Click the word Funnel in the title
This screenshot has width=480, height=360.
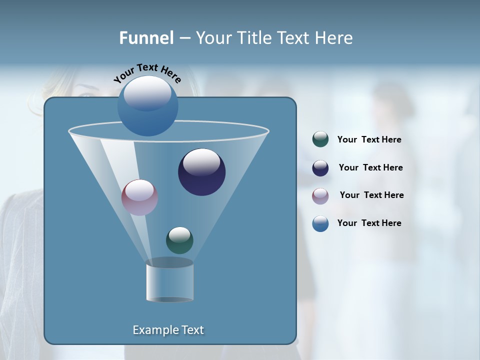coord(146,38)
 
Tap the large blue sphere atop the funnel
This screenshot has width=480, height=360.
coord(147,106)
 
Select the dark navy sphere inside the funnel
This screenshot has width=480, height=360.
coord(201,172)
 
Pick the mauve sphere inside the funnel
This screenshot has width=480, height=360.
coord(139,197)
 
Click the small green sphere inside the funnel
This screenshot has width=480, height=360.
coord(179,240)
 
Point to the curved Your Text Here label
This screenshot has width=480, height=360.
coord(147,73)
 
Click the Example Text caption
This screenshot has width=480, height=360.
coord(168,330)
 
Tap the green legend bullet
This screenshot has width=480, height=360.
coord(320,139)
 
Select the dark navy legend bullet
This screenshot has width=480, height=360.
coord(320,168)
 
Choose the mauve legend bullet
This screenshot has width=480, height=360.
coord(320,196)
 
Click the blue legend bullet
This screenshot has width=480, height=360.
coord(320,223)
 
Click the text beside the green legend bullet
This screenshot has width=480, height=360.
coord(369,140)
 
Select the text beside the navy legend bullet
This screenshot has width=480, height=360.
coord(370,167)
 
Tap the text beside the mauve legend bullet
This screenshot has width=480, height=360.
coord(371,195)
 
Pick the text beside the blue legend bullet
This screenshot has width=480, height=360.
coord(369,223)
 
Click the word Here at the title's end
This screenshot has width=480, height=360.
coord(334,38)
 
